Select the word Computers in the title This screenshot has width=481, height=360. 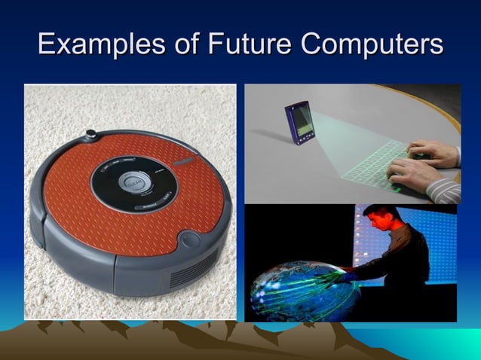[x=372, y=44]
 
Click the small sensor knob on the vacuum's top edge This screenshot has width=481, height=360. [x=92, y=134]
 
